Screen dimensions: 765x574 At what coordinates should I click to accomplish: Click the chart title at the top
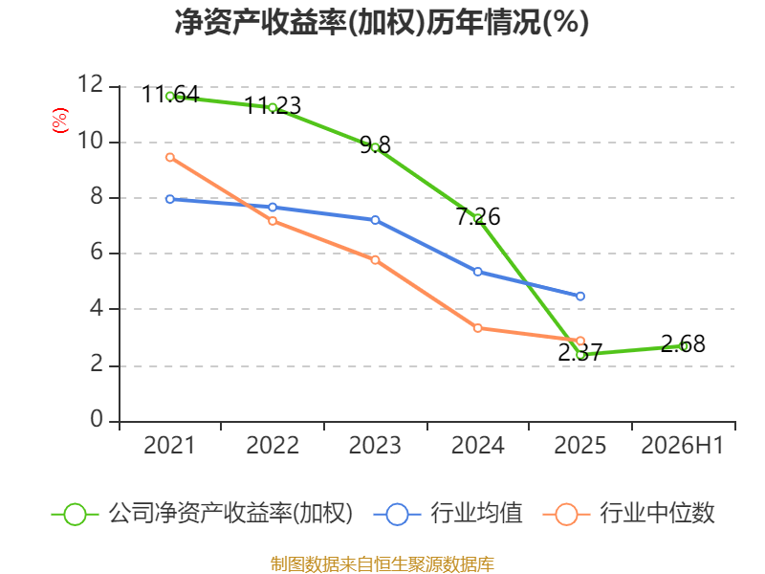(382, 22)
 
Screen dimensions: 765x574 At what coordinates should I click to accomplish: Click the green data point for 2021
(170, 97)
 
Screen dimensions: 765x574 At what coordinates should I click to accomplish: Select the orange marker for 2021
(170, 157)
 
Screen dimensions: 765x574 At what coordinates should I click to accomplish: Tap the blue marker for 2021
(170, 199)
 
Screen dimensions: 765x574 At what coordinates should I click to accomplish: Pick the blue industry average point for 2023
(375, 220)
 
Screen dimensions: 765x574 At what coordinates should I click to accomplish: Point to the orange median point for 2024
(477, 328)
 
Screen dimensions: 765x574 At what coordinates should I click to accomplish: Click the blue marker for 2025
(580, 297)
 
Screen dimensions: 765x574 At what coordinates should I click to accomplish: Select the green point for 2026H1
(683, 346)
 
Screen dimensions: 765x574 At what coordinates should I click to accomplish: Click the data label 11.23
(273, 106)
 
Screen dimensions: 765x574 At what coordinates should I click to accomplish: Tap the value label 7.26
(478, 217)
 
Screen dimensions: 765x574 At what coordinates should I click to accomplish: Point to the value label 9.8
(375, 145)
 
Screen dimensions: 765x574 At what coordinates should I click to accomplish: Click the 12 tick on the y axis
(91, 84)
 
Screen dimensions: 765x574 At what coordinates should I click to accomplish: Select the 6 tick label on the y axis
(98, 253)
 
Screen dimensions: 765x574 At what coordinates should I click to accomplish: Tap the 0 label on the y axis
(98, 420)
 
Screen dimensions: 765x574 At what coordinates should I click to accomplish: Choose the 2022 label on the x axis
(273, 446)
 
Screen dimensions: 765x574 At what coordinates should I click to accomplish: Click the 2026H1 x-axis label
(682, 446)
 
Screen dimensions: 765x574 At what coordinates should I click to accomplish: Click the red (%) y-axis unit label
(60, 121)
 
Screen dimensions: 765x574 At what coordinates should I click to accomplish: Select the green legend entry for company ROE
(202, 514)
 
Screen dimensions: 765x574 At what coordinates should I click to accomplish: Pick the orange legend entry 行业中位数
(628, 514)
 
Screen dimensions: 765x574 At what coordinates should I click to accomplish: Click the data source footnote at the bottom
(382, 564)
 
